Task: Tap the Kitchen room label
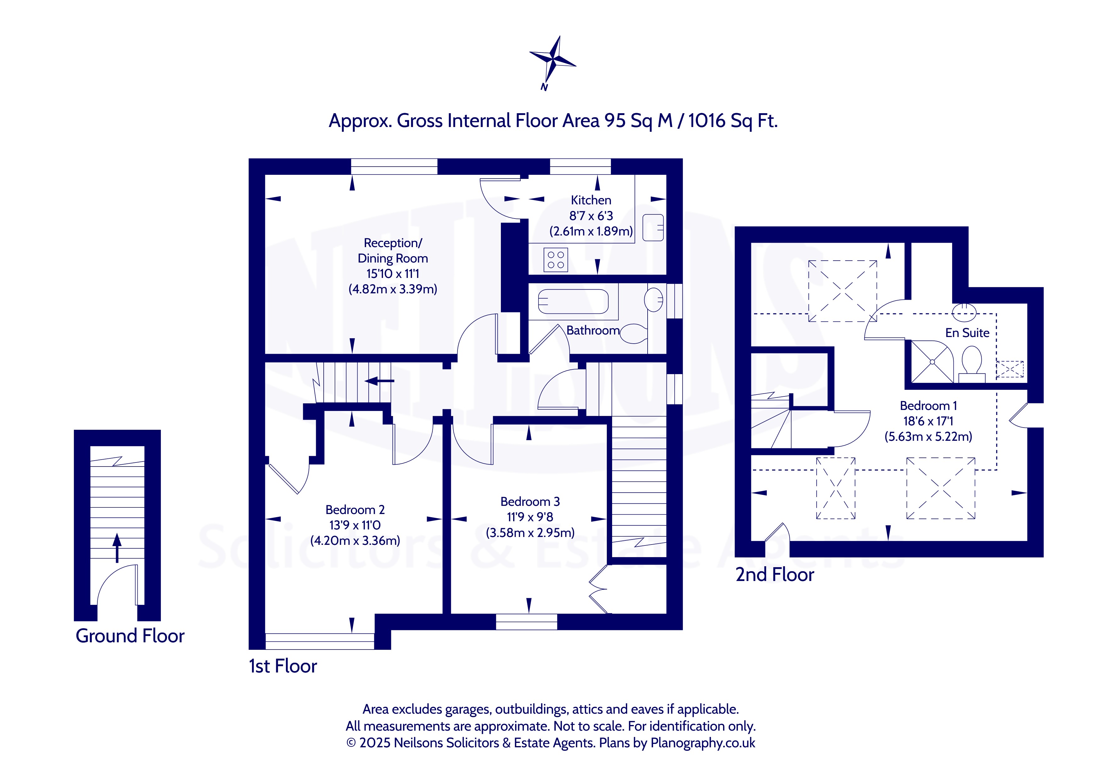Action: point(591,200)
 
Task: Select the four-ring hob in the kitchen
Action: point(556,260)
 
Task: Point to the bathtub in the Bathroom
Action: point(573,301)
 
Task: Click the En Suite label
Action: point(967,333)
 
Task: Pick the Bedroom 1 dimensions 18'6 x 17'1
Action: point(928,421)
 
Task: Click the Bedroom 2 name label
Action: point(355,510)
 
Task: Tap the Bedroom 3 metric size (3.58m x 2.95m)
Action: point(530,533)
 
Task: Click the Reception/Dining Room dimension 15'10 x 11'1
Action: point(392,274)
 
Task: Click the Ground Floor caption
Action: point(130,636)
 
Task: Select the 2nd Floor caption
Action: point(775,575)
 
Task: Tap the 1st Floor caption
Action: point(283,666)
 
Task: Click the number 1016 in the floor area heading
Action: point(706,120)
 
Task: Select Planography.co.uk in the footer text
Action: point(703,743)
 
